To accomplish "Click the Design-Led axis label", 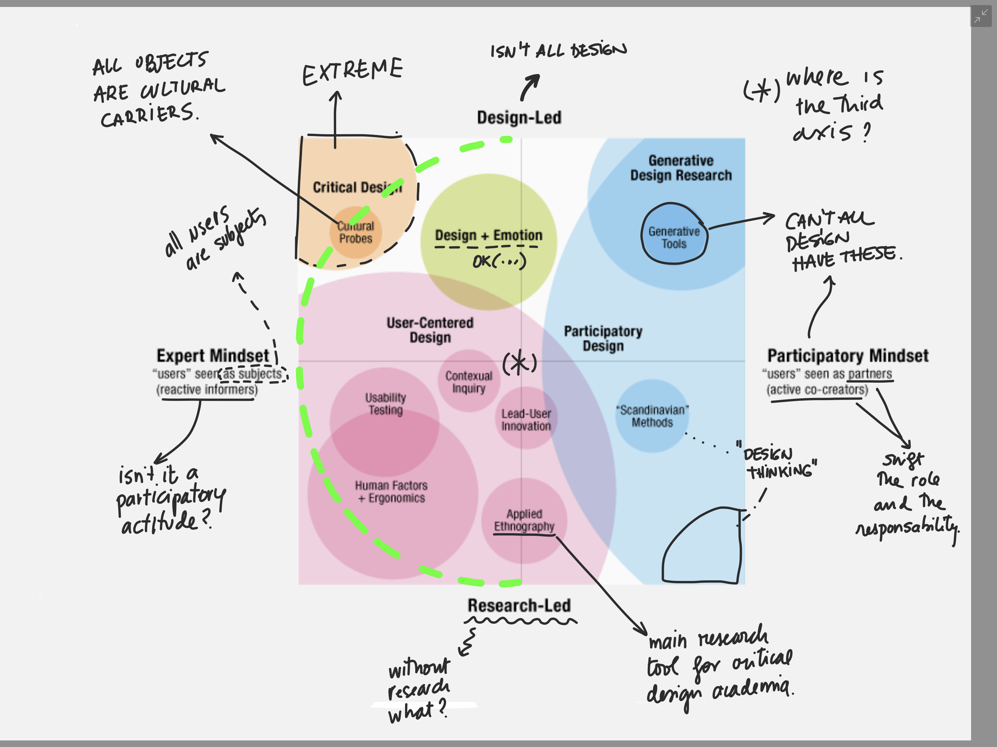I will coord(519,117).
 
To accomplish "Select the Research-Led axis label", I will coord(519,605).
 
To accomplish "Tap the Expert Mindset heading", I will coord(213,356).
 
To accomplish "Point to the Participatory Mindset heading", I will coord(848,356).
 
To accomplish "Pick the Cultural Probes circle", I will coord(355,232).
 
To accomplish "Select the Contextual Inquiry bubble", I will coord(469,382).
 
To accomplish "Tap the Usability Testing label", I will coord(385,404).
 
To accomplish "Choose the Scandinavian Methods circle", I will coord(652,416).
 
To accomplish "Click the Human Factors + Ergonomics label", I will coord(391,492).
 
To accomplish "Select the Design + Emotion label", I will coord(489,235).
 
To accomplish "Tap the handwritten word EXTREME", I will coord(353,71).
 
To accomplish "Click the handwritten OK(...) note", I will coord(499,261).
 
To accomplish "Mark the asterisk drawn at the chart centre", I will coord(519,362).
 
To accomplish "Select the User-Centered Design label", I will coord(430,330).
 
